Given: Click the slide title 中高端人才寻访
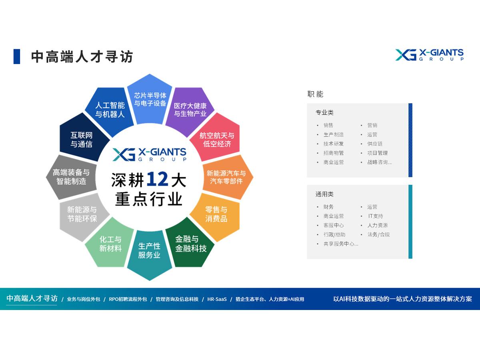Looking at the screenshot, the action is tap(82, 57).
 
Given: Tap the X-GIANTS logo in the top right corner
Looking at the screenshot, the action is tap(429, 55).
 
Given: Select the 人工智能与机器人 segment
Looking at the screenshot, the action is tap(109, 110).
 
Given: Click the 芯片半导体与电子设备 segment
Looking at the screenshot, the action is tap(150, 100).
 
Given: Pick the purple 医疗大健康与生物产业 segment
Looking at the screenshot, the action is tap(190, 110).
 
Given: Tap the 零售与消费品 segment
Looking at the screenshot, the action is tap(216, 215).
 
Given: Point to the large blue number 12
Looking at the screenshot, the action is tap(157, 180).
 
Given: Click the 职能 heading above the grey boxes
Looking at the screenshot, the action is tap(315, 94).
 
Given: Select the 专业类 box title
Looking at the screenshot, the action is tap(324, 112).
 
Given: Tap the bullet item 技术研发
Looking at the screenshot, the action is tap(334, 144).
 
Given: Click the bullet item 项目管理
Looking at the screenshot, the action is tap(378, 153).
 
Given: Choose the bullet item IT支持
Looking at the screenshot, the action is tap(376, 216).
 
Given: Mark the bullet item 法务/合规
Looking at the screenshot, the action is tap(378, 234).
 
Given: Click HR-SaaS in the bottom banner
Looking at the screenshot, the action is tap(217, 299).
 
